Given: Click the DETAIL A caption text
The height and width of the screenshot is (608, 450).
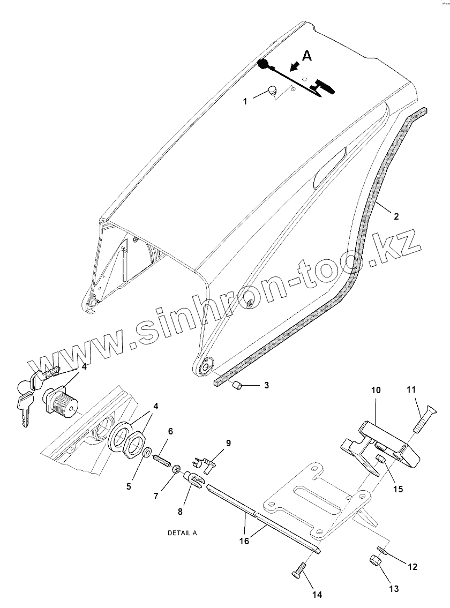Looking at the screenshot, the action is click(182, 533).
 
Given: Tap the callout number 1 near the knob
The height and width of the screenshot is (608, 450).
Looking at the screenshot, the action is click(245, 101).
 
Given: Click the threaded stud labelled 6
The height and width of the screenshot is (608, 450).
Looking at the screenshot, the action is click(161, 459).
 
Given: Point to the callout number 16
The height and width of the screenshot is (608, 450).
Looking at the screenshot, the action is click(244, 542).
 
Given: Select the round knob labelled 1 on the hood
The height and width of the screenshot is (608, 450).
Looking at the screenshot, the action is click(272, 91).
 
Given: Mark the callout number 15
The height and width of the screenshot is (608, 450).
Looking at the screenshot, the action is click(397, 489).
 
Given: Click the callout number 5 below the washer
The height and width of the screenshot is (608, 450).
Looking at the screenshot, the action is click(129, 486).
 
